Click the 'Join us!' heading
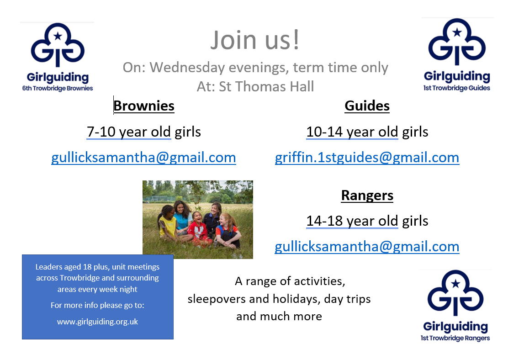(x=255, y=40)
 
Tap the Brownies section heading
(x=144, y=106)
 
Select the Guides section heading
(x=367, y=106)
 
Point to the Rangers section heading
(x=367, y=196)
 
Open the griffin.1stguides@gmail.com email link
(x=367, y=158)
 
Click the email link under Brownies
(x=143, y=158)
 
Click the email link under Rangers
(x=367, y=247)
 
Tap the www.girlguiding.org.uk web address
(x=97, y=322)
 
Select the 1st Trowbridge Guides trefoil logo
(x=457, y=42)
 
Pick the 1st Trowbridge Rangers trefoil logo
(x=455, y=292)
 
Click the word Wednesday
(x=187, y=68)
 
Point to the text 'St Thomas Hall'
(x=266, y=86)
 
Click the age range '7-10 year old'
(x=129, y=132)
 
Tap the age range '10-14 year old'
(x=352, y=132)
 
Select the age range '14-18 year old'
(x=352, y=221)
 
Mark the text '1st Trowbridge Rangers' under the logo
(x=455, y=338)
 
